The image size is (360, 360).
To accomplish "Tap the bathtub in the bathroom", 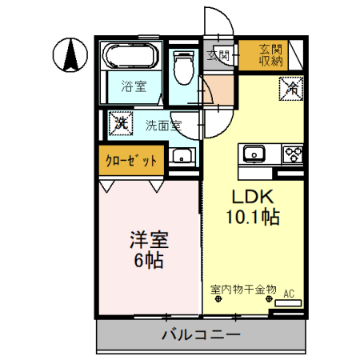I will click(131, 58).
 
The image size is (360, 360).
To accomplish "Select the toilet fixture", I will click(185, 66).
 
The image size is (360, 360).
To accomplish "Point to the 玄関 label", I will click(218, 54).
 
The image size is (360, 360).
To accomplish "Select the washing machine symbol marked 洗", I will click(120, 124).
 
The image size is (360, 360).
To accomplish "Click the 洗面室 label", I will click(162, 125).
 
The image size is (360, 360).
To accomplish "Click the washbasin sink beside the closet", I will click(183, 157).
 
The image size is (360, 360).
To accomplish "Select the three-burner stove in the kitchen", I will click(291, 152).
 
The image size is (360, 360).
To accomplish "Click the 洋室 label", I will click(149, 242).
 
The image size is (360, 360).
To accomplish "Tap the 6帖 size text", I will click(149, 262).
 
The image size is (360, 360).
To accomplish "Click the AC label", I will click(290, 294).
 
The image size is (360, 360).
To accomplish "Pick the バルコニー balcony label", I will click(200, 335).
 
